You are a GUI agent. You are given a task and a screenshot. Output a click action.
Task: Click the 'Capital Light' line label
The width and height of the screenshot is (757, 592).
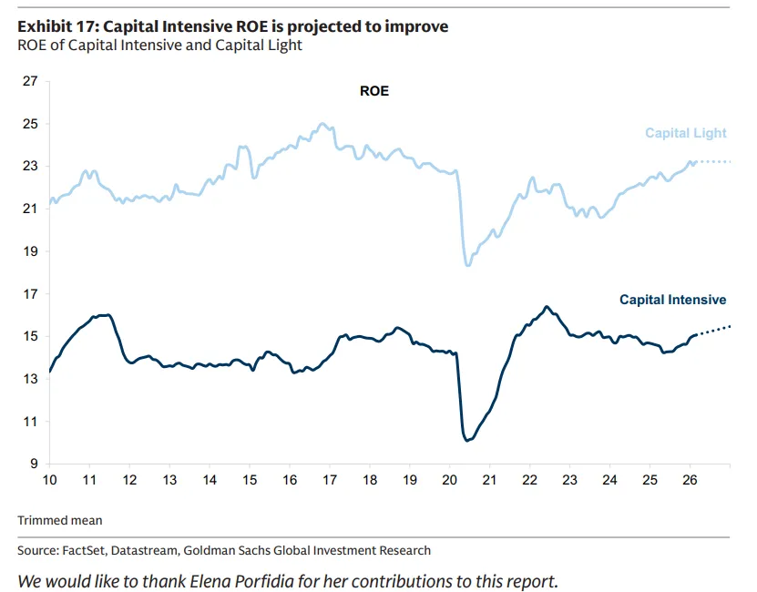point(685,133)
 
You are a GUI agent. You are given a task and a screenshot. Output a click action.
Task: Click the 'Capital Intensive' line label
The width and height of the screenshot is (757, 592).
point(672,299)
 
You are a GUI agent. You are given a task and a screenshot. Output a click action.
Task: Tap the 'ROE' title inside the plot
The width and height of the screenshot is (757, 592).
point(374,91)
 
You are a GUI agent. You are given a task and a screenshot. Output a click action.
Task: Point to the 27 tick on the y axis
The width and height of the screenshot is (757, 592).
point(30,81)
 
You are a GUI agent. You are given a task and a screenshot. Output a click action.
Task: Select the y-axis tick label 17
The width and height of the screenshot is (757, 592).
point(30,294)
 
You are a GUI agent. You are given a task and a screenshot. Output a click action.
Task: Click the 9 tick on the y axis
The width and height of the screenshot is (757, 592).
point(34,464)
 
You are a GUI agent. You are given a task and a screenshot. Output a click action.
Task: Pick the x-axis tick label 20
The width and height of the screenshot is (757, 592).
point(450,480)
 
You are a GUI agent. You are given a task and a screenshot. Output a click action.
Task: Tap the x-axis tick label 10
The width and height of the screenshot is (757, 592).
point(49,480)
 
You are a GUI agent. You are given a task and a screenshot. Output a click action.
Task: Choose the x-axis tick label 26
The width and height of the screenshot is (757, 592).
point(690,480)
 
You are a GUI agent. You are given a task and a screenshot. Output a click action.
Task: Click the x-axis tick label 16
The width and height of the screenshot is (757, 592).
point(290,480)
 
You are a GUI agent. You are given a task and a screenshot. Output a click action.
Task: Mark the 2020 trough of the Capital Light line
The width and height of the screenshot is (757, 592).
point(468,264)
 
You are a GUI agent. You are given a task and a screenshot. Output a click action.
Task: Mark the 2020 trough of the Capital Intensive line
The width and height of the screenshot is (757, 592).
point(467,441)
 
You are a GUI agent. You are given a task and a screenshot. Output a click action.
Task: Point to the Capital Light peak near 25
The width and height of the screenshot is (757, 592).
point(322,124)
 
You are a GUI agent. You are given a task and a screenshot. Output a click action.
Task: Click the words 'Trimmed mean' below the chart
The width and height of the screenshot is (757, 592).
point(60,521)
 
